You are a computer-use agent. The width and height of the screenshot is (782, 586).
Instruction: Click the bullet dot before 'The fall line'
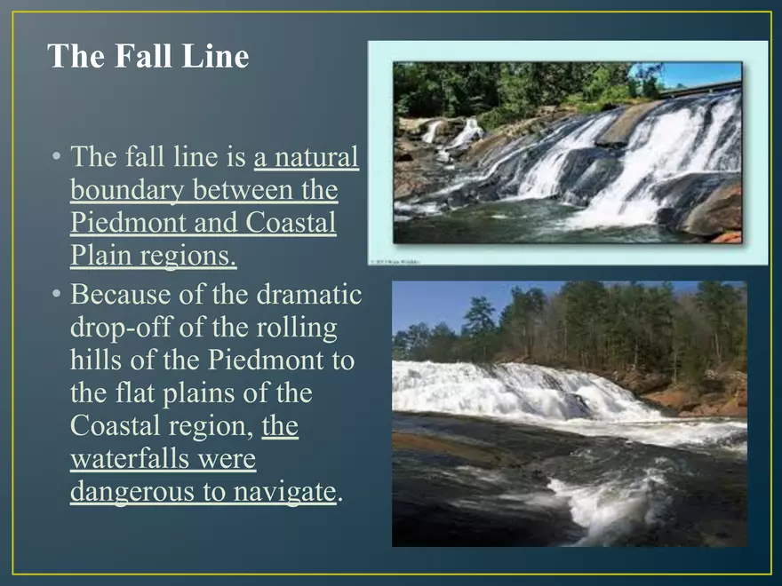pos(56,158)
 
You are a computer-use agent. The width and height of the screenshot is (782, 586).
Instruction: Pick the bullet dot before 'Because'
pos(56,294)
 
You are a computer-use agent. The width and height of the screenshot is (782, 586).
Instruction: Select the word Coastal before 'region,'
pos(113,426)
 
